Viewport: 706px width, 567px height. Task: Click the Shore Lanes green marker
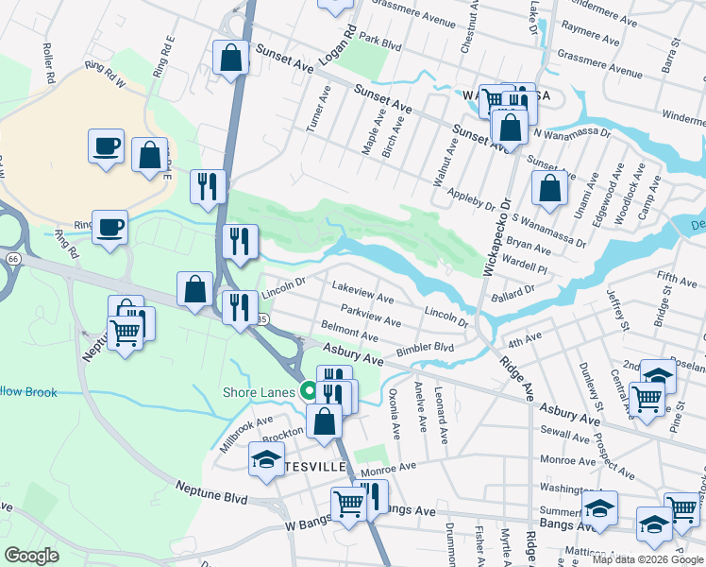pyautogui.click(x=308, y=390)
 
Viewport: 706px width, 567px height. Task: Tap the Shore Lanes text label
pyautogui.click(x=260, y=392)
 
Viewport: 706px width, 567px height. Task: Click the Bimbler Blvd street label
pyautogui.click(x=425, y=348)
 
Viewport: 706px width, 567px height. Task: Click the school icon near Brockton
pyautogui.click(x=266, y=459)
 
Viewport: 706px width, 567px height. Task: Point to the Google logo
pyautogui.click(x=32, y=555)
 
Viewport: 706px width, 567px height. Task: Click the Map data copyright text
pyautogui.click(x=647, y=559)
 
